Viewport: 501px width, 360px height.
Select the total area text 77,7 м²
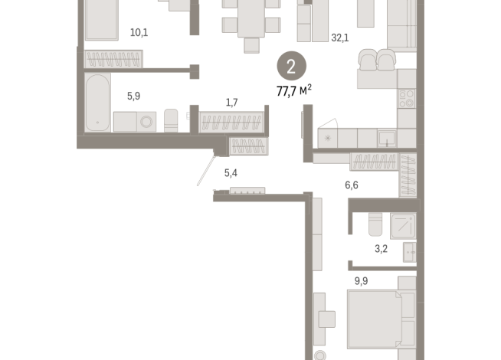[x=294, y=91]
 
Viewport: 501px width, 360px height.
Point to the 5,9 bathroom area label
[x=134, y=96]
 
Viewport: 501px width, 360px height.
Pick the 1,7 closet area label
[x=231, y=102]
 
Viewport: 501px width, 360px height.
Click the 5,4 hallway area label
[x=231, y=174]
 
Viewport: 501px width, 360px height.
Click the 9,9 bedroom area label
[x=362, y=280]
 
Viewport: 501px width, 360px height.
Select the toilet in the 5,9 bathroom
[x=172, y=120]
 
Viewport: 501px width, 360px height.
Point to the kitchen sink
[x=388, y=137]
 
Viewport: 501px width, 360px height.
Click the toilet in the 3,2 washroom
[x=375, y=223]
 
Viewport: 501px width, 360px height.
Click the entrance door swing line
[x=205, y=168]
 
